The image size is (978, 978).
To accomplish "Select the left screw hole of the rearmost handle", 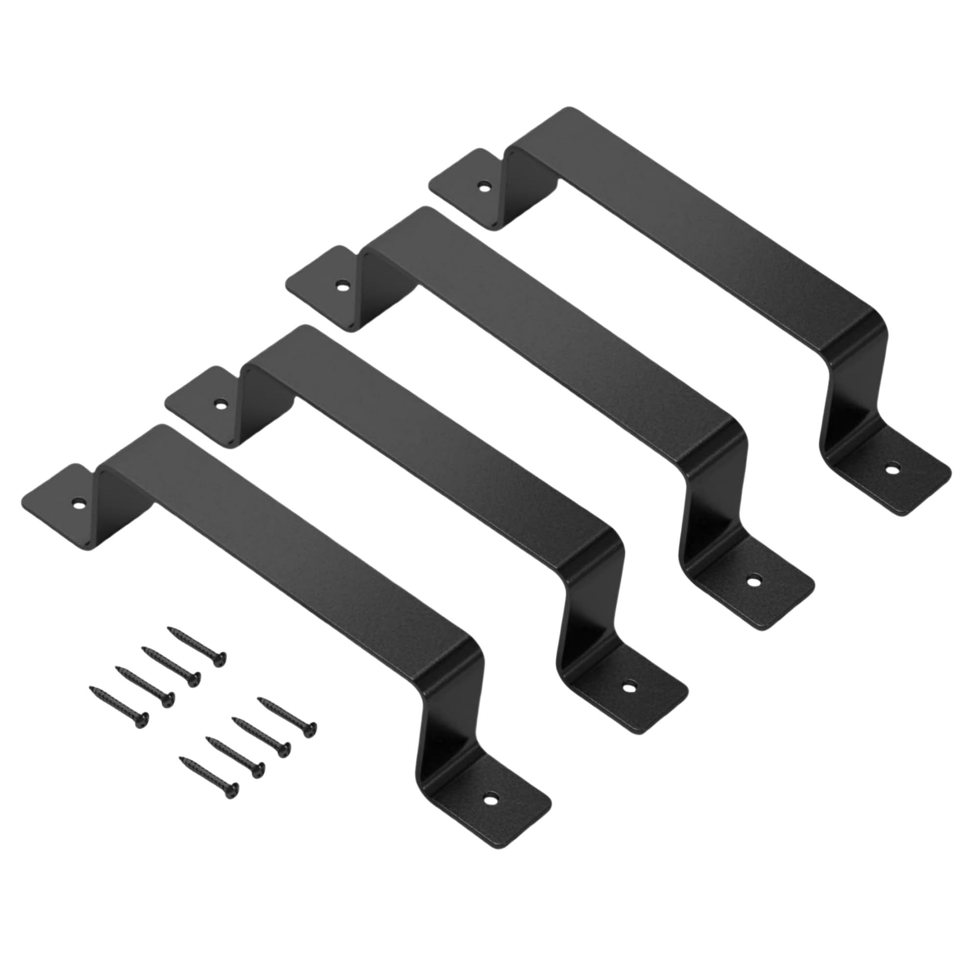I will pos(485,186).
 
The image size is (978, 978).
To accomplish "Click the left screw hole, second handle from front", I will pos(220,404).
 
